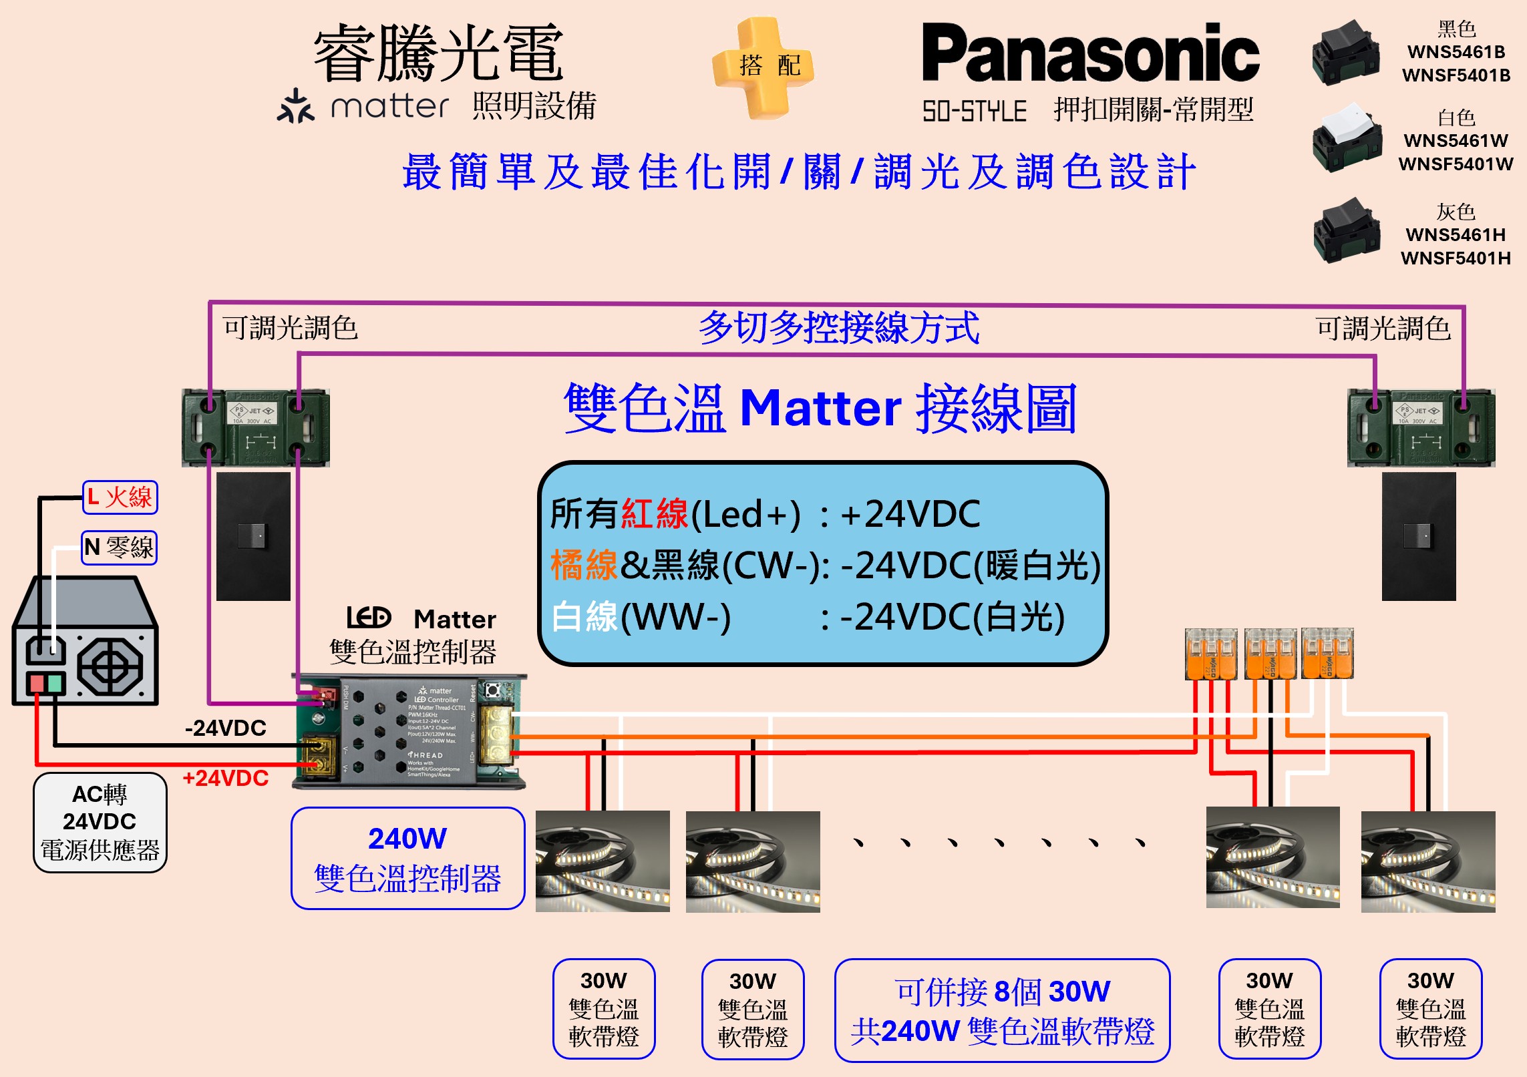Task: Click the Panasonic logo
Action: coord(1090,53)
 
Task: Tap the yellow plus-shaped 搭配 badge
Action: coord(763,67)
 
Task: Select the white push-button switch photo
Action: coord(1346,138)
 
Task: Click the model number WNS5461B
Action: coord(1456,52)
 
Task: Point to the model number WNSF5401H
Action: coord(1456,258)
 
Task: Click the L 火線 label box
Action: coord(120,497)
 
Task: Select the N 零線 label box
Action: coord(120,548)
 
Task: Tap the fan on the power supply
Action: coord(110,666)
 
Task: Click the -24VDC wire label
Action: coord(226,728)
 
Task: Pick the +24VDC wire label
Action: coord(226,779)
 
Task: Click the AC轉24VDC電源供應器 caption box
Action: coord(100,823)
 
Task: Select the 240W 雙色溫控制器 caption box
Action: coord(407,859)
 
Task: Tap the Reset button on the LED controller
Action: coord(493,690)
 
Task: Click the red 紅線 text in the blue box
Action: coord(654,513)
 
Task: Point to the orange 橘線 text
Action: coord(584,565)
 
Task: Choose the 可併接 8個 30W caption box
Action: coord(1002,1010)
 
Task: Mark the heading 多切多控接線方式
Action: coord(839,328)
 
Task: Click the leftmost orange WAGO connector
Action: coord(1210,654)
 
